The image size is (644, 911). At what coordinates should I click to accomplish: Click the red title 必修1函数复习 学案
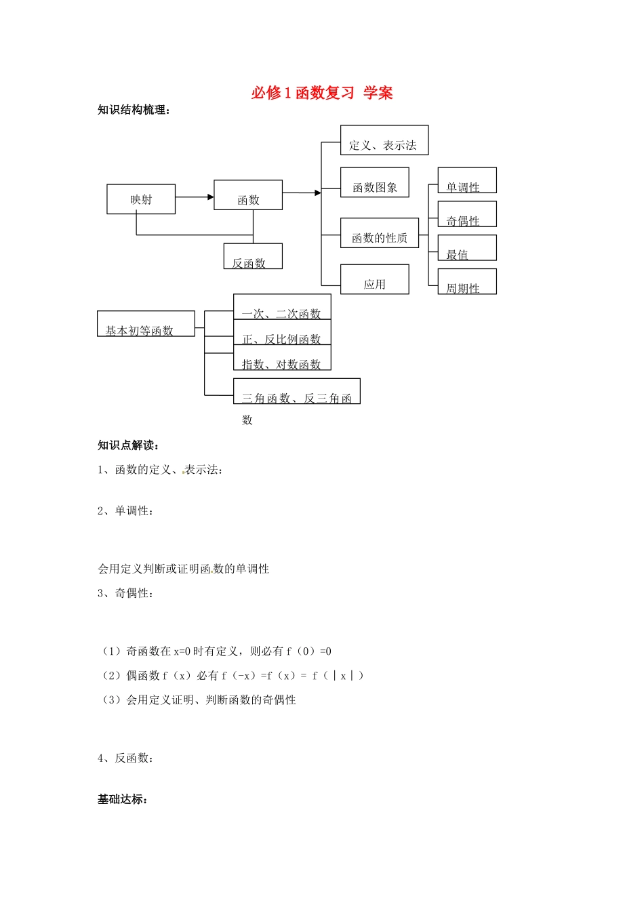click(x=322, y=93)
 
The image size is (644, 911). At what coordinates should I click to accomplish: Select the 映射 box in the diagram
click(x=141, y=199)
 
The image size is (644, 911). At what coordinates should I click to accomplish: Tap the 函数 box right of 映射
click(x=248, y=195)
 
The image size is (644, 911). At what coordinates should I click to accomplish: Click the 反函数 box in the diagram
click(x=253, y=257)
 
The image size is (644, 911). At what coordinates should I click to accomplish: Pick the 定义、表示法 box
click(x=384, y=140)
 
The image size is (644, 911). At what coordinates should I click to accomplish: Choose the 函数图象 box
click(x=374, y=182)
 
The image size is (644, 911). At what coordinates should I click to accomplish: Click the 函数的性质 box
click(x=379, y=233)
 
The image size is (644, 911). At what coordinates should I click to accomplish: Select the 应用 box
click(x=374, y=279)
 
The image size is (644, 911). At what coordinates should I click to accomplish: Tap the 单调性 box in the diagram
click(x=467, y=181)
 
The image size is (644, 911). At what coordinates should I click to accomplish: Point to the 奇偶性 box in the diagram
click(x=467, y=215)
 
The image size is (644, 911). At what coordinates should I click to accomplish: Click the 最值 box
click(x=467, y=248)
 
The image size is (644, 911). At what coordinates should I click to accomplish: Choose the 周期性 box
click(x=467, y=282)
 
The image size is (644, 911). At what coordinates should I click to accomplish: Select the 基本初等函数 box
click(x=146, y=324)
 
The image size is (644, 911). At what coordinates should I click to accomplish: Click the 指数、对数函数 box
click(x=282, y=359)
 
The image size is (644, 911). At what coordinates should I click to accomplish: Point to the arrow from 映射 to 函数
click(x=195, y=197)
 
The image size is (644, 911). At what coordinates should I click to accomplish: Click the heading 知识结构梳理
click(x=134, y=110)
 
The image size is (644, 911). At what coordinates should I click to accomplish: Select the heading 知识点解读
click(x=128, y=445)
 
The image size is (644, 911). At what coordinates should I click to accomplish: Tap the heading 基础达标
click(x=123, y=799)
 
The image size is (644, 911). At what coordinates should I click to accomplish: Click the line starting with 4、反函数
click(x=125, y=758)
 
